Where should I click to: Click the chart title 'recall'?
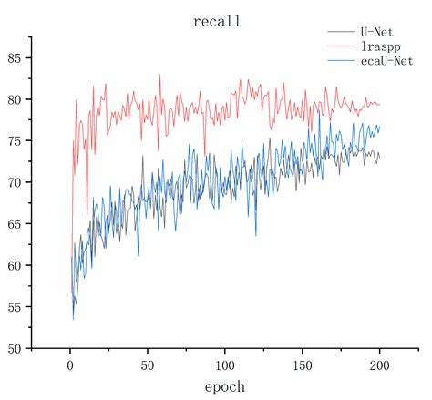click(x=216, y=21)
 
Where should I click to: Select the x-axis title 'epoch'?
click(x=224, y=386)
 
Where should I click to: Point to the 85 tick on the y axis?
click(x=15, y=57)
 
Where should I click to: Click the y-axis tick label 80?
click(x=15, y=99)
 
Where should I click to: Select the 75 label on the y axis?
click(x=15, y=140)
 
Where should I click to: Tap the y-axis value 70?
click(x=15, y=182)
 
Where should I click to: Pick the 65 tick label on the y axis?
click(x=15, y=223)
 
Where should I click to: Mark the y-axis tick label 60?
click(x=15, y=265)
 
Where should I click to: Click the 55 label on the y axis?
click(x=15, y=307)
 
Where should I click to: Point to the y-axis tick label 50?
click(x=15, y=348)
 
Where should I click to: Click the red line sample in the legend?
click(x=340, y=46)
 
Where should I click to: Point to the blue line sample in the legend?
click(x=340, y=60)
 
